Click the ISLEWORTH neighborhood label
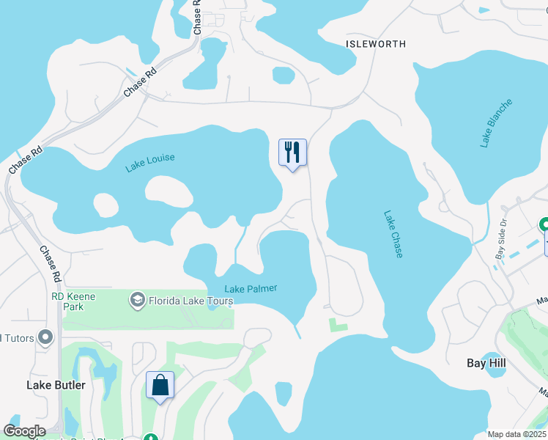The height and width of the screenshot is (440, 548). (375, 44)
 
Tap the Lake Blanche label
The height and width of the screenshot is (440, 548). (496, 123)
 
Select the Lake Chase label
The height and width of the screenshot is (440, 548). (393, 234)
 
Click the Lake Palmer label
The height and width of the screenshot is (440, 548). (251, 288)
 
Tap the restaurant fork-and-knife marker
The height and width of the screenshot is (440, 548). (292, 153)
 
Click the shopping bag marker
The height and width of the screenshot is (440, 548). (160, 385)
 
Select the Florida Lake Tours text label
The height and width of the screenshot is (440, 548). (191, 301)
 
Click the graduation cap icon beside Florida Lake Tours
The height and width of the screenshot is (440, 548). (137, 300)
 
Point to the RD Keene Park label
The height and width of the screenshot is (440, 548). (67, 301)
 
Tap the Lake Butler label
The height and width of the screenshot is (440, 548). (56, 385)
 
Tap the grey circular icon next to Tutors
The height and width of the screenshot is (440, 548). (45, 337)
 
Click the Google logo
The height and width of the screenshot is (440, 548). (23, 431)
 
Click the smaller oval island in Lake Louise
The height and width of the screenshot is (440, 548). (105, 205)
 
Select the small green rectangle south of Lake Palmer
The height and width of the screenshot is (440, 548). (338, 323)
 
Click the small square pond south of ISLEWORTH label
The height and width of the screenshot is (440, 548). (284, 75)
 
